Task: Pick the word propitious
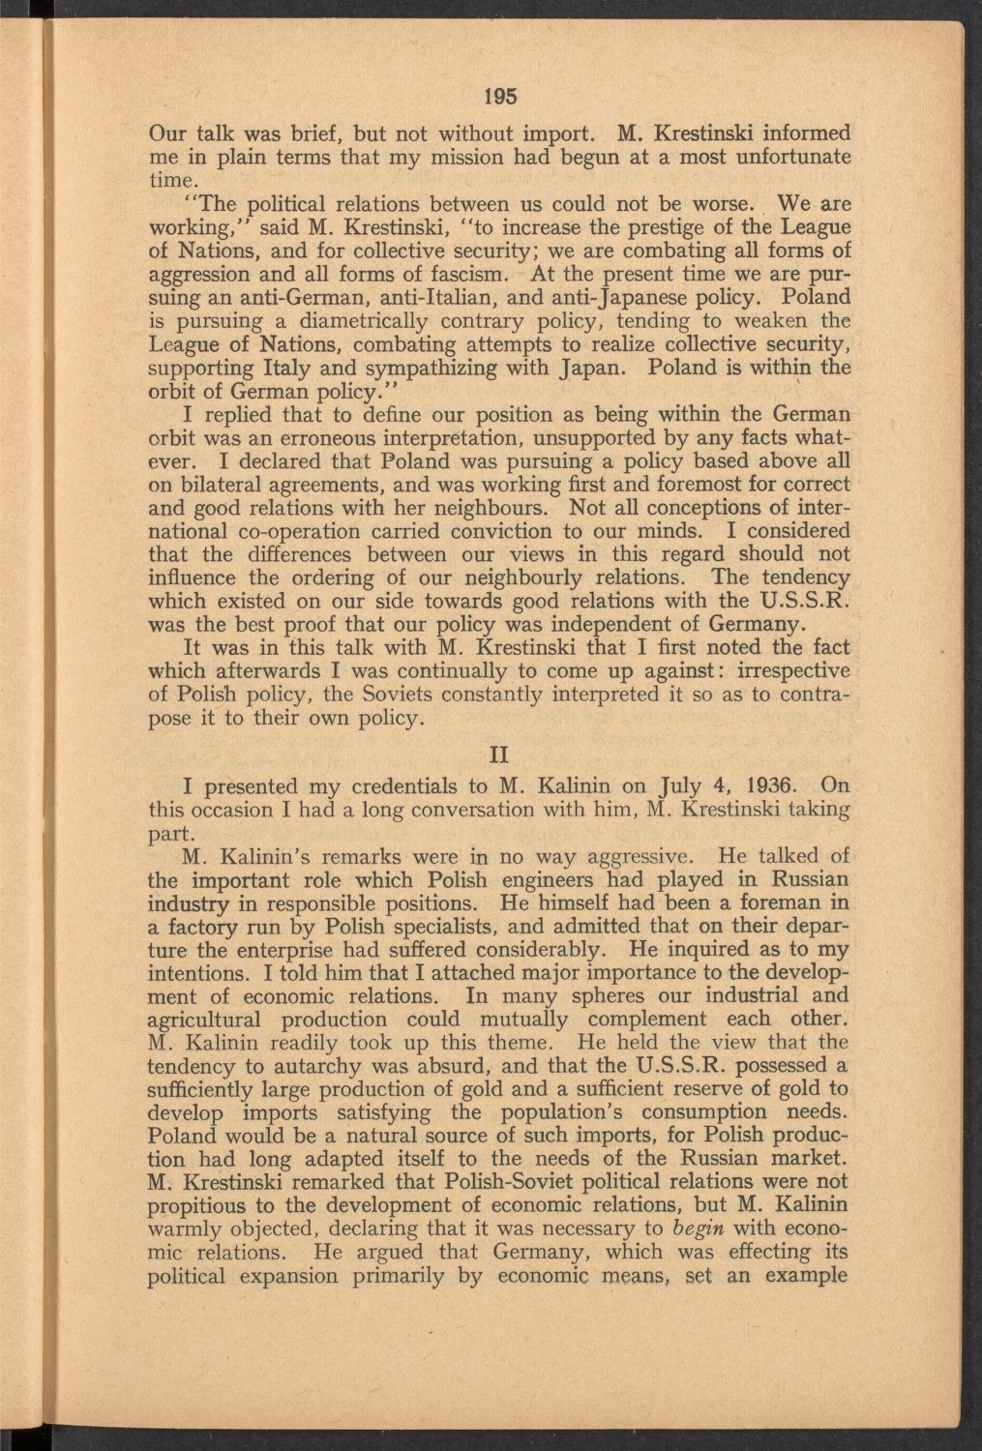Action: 197,1205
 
